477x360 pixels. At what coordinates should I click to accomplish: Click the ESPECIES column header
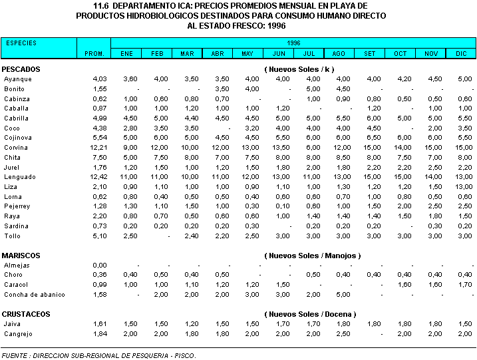(x=21, y=43)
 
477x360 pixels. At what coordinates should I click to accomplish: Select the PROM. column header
(x=94, y=53)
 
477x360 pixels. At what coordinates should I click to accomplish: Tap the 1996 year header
(x=293, y=43)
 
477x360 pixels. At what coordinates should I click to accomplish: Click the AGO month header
(x=338, y=53)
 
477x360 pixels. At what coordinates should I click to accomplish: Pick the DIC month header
(x=461, y=53)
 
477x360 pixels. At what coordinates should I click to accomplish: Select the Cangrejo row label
(x=18, y=333)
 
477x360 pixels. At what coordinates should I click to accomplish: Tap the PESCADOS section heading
(x=21, y=69)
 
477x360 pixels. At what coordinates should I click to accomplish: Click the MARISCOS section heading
(x=21, y=256)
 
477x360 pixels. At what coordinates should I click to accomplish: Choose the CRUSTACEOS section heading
(x=26, y=314)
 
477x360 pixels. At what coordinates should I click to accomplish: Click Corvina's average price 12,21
(x=99, y=148)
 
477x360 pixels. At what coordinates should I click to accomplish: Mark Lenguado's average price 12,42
(x=99, y=177)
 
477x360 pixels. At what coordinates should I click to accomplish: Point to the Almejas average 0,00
(x=99, y=266)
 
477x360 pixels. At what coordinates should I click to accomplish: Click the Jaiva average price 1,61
(x=99, y=323)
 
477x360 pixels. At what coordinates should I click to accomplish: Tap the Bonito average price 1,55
(x=99, y=89)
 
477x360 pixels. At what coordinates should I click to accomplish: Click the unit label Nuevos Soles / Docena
(x=309, y=314)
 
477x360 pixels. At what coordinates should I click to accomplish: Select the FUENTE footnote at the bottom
(x=99, y=355)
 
